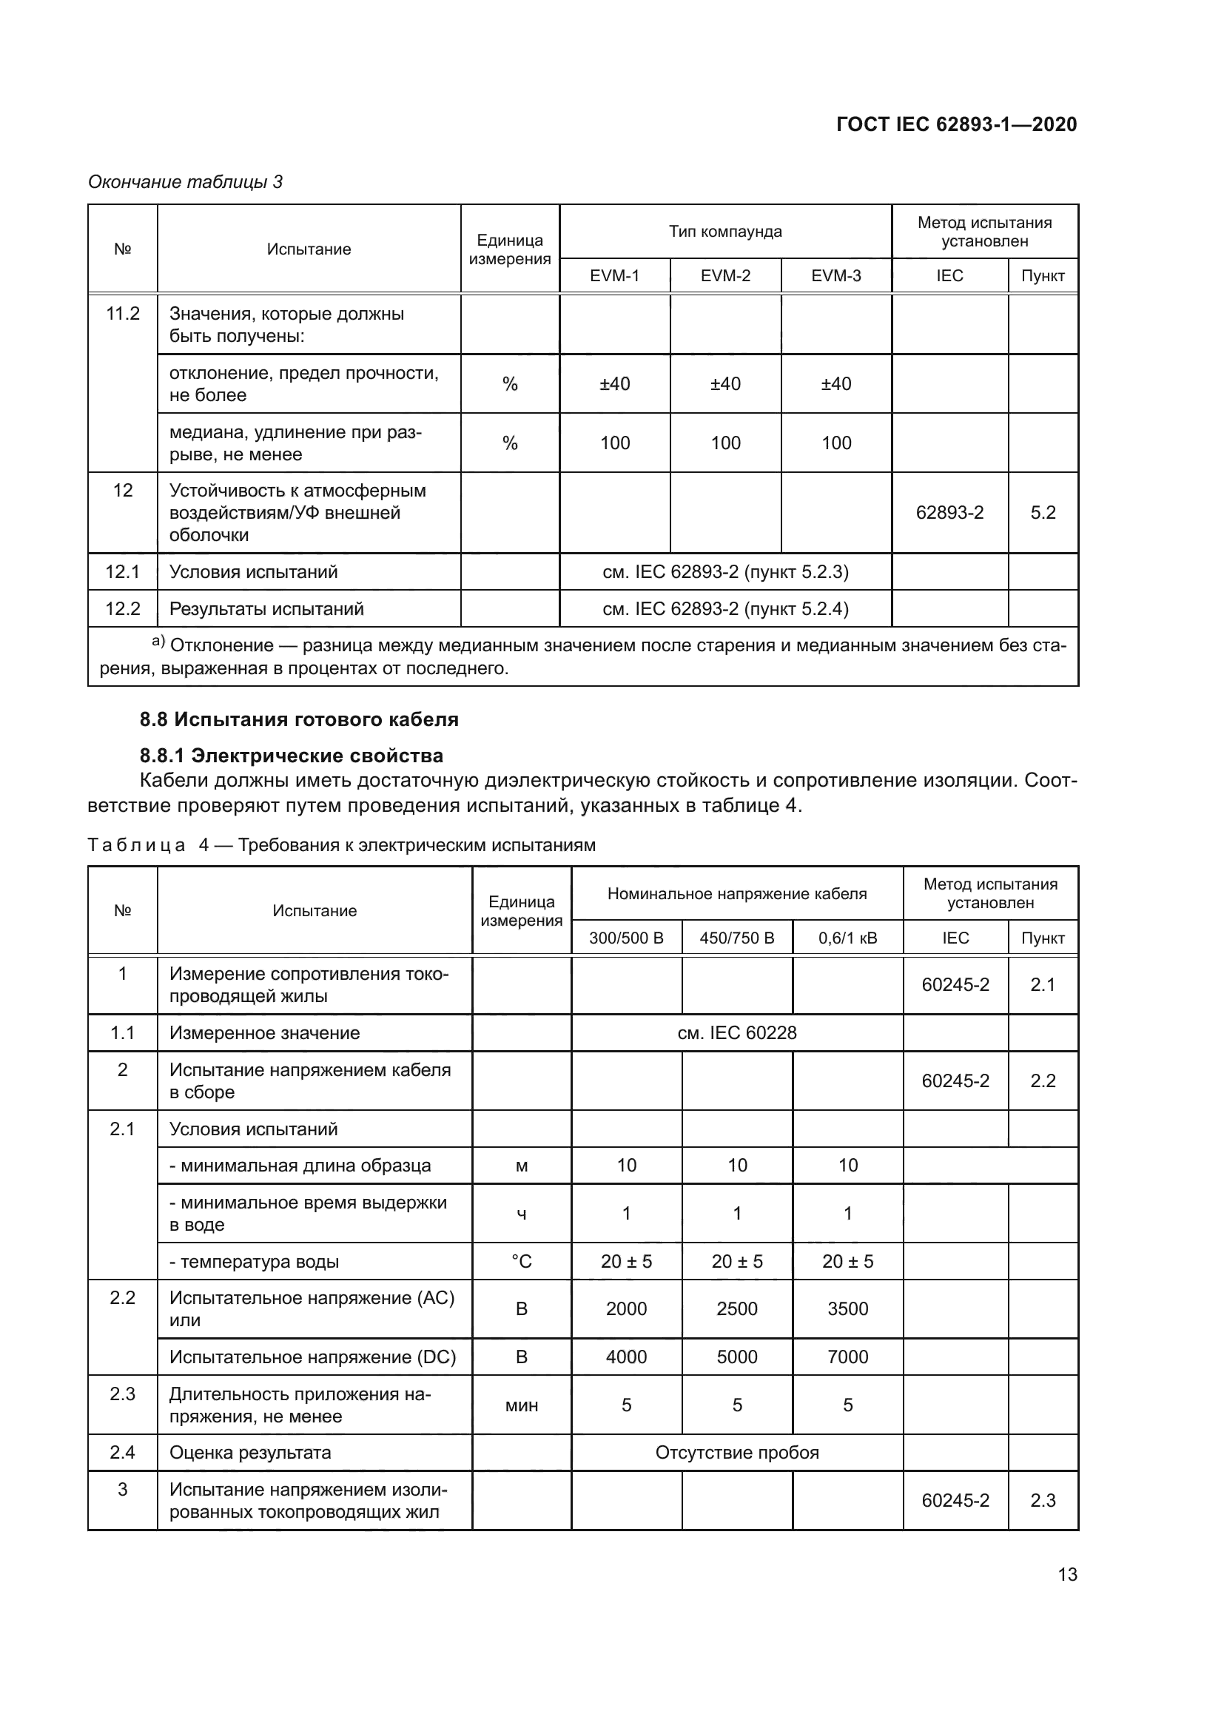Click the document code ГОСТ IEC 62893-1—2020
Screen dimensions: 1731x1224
click(x=956, y=124)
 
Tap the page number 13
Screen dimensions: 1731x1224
click(x=1067, y=1574)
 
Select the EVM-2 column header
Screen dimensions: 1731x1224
click(x=725, y=276)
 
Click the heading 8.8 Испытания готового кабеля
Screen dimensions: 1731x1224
click(x=298, y=719)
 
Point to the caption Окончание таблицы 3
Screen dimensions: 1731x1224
click(x=186, y=182)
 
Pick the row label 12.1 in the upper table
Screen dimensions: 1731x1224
click(x=122, y=572)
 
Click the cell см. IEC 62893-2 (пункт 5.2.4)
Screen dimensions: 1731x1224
click(x=725, y=609)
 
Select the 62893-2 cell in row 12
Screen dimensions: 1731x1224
click(x=949, y=513)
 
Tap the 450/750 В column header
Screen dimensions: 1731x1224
click(x=736, y=938)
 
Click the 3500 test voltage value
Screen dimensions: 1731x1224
click(x=848, y=1309)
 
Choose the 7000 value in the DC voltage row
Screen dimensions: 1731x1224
click(x=848, y=1357)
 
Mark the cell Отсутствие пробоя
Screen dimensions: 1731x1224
click(x=736, y=1453)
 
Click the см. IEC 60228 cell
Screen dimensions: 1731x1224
click(x=736, y=1033)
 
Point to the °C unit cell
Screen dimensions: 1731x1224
click(x=522, y=1261)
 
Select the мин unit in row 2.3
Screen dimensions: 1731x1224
click(x=522, y=1405)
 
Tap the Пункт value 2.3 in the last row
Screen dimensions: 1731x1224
click(x=1043, y=1500)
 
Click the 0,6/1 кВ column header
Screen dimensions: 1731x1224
click(x=848, y=938)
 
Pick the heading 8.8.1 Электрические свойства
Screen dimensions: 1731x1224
click(x=291, y=756)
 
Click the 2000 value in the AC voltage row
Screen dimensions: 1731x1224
click(x=626, y=1309)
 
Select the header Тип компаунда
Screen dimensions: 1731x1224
click(x=725, y=232)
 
